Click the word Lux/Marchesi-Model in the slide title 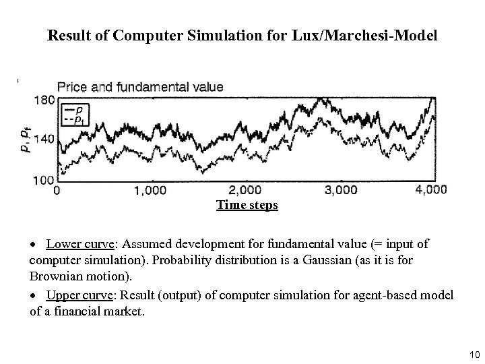coord(364,36)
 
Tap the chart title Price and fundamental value coord(140,87)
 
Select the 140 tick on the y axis coord(43,140)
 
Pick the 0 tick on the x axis coord(57,191)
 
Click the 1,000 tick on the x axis coord(150,191)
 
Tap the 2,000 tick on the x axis coord(245,191)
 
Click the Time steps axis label coord(247,205)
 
